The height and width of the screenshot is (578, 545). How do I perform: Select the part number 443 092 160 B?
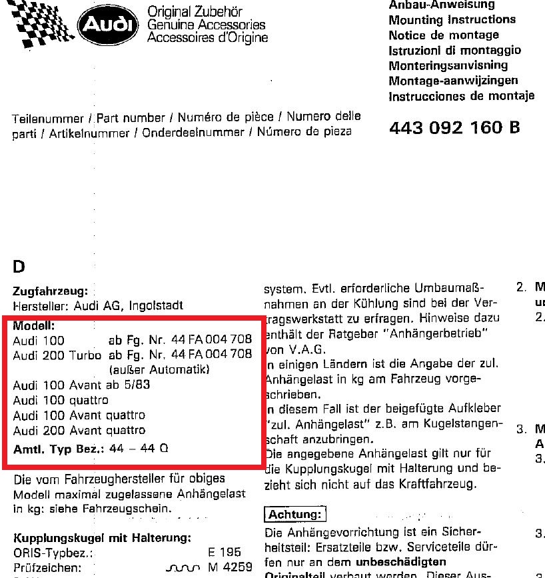(x=454, y=127)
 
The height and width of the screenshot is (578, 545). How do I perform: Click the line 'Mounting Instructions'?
(x=452, y=20)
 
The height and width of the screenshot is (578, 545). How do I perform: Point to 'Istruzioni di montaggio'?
(x=454, y=50)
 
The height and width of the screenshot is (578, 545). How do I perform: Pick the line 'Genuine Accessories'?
(x=206, y=25)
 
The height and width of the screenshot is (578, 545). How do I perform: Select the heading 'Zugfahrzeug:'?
(x=50, y=291)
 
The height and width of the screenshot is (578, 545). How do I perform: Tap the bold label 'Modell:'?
(x=34, y=326)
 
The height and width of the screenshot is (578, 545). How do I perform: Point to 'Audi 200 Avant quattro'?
(x=79, y=430)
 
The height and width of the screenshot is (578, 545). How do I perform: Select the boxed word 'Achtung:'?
(x=295, y=515)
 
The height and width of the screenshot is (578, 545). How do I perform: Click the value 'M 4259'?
(x=229, y=568)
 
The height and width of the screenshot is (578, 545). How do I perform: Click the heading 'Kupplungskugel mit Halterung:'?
(x=103, y=538)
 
